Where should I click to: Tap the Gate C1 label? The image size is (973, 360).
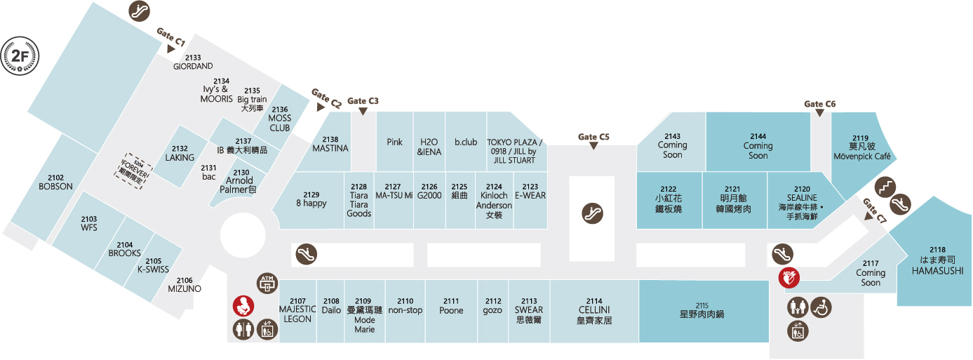click(x=171, y=38)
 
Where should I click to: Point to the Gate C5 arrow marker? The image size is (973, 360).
click(x=593, y=146)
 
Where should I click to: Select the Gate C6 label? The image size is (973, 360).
click(x=820, y=105)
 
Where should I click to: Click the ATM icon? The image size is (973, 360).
click(x=268, y=282)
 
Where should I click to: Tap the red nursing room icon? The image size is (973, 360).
click(x=243, y=306)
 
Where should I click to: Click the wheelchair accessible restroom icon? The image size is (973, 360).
click(x=820, y=307)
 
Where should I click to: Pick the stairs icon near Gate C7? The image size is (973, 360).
click(x=886, y=187)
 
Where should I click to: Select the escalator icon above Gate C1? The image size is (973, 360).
click(x=139, y=11)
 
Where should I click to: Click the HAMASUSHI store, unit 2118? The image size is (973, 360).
click(x=937, y=260)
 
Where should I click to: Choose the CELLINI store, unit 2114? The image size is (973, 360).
click(x=594, y=310)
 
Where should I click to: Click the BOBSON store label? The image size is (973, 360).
click(x=56, y=182)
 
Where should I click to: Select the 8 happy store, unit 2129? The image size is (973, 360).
click(x=311, y=199)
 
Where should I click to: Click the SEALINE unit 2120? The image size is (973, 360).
click(x=803, y=203)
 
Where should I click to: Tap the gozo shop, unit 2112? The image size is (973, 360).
click(x=492, y=306)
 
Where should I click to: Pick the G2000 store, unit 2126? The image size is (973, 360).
click(x=429, y=192)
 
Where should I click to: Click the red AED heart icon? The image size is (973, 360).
click(x=789, y=277)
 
